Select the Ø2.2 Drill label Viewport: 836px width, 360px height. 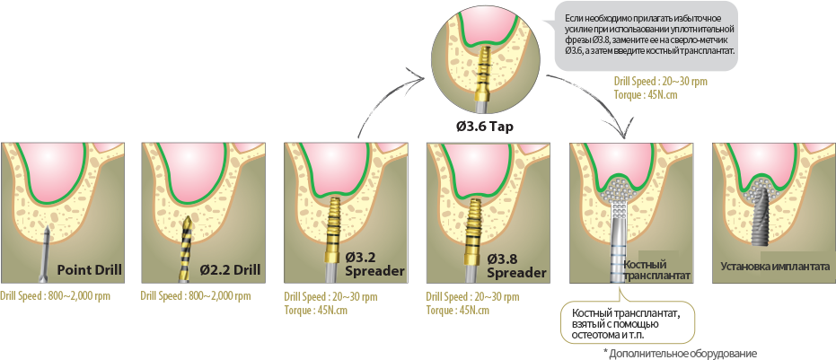click(x=230, y=269)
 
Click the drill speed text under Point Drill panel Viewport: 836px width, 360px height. click(x=56, y=295)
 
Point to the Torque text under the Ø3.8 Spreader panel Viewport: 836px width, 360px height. click(x=458, y=310)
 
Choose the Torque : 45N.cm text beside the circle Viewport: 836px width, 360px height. click(x=638, y=93)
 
